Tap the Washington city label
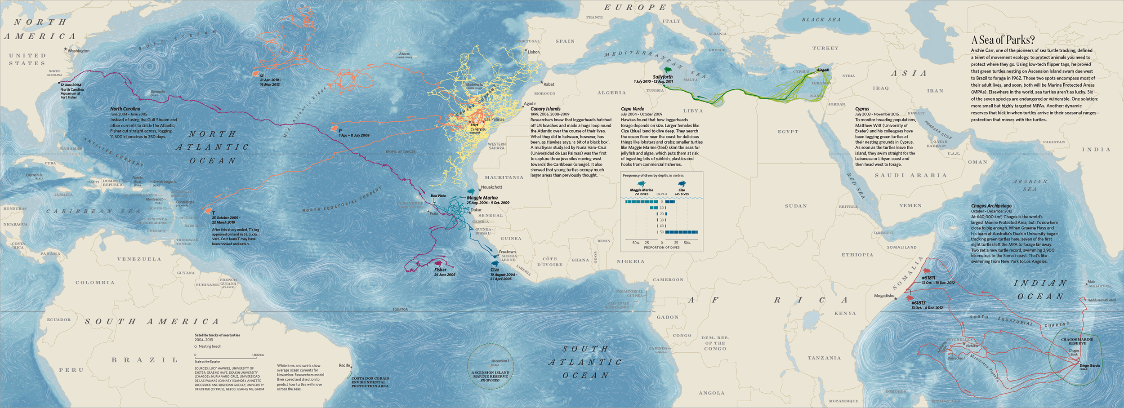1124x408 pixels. point(79,51)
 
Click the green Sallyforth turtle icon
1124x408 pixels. point(669,70)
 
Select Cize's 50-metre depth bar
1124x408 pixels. point(682,232)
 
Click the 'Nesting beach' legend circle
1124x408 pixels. point(196,346)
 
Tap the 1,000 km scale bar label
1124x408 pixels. point(258,355)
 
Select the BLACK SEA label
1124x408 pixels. point(821,20)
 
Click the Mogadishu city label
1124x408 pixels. point(884,296)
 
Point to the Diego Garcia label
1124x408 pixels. point(1090,366)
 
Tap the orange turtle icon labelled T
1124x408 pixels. point(208,210)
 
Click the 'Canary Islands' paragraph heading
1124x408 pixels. point(545,109)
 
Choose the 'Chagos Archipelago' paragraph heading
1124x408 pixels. point(991,206)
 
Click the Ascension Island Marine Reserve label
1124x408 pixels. point(490,374)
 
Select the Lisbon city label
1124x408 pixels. point(534,52)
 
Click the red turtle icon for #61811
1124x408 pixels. point(926,271)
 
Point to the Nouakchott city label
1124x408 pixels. point(491,187)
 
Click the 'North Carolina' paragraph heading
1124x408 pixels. point(125,109)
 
